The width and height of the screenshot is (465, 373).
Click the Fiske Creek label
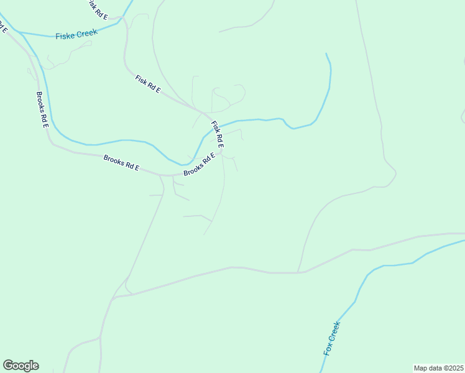tap(76, 34)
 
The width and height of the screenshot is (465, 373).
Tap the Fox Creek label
tap(331, 338)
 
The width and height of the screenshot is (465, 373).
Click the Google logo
tap(21, 366)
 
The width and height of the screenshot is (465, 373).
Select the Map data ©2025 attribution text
tap(438, 368)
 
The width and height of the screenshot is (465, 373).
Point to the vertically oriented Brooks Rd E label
tap(42, 110)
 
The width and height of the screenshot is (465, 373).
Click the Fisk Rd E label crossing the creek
tap(217, 134)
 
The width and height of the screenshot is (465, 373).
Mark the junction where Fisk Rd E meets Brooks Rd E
tap(223, 152)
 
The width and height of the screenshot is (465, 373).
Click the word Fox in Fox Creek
tap(327, 349)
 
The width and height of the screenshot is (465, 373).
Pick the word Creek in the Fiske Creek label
tap(87, 33)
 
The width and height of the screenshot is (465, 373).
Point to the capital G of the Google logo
tap(8, 365)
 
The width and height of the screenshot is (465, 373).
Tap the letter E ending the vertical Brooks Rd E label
tap(45, 124)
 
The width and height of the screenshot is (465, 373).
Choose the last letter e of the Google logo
tap(35, 366)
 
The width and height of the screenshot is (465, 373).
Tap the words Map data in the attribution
tap(428, 368)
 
